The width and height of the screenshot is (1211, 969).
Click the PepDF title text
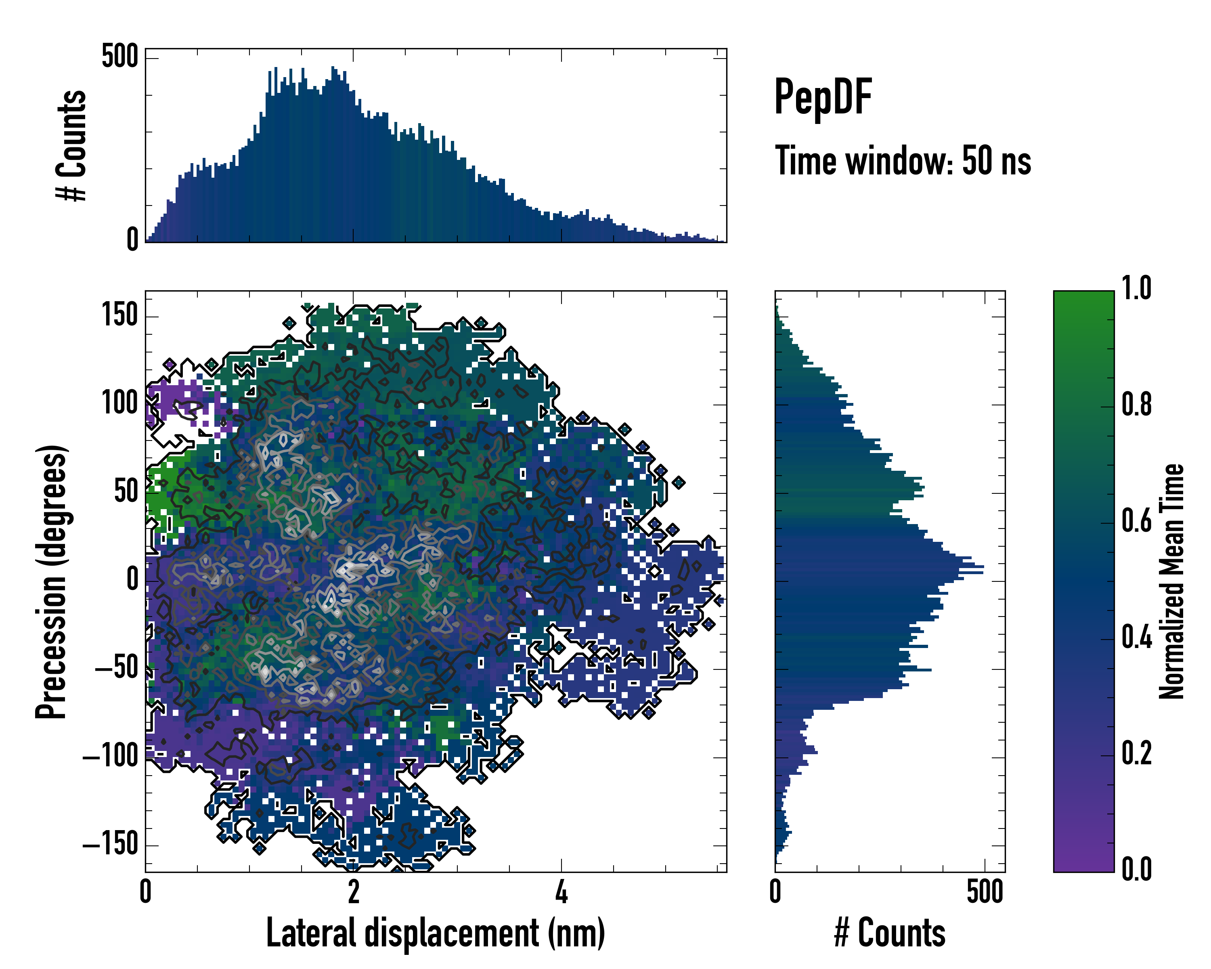[x=823, y=97]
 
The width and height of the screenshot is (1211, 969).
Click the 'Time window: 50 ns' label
[x=903, y=161]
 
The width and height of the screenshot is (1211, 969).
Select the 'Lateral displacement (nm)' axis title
[x=435, y=933]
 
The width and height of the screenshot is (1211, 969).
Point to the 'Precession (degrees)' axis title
[x=52, y=581]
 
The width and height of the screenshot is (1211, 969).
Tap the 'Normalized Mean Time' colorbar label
[x=1172, y=581]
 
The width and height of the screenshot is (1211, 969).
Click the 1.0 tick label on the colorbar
[x=1136, y=288]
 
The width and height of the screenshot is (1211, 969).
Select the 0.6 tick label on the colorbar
[x=1136, y=521]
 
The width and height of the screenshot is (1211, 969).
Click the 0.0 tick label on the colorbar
[x=1136, y=869]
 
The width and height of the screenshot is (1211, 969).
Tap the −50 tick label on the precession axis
[x=117, y=669]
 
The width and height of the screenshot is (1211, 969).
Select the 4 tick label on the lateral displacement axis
[x=562, y=891]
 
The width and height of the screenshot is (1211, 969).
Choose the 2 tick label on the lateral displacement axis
[x=353, y=891]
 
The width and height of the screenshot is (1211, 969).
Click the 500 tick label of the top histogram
[x=119, y=57]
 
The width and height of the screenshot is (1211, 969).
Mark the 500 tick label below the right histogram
[x=985, y=891]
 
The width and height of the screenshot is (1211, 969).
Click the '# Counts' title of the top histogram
[x=72, y=145]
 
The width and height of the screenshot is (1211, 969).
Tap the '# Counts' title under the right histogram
[x=890, y=933]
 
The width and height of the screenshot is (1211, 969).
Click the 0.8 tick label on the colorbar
[x=1136, y=405]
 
